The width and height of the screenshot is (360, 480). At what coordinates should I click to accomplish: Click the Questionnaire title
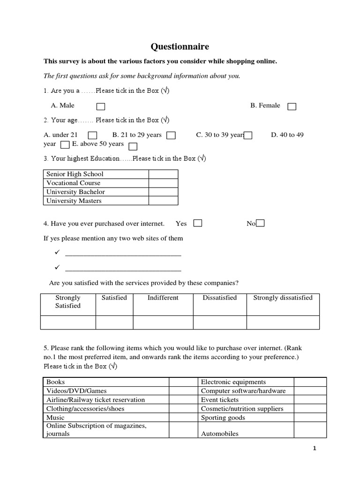pyautogui.click(x=180, y=46)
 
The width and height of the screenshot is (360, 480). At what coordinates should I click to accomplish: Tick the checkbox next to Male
pyautogui.click(x=101, y=107)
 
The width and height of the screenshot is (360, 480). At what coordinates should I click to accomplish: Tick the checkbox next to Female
pyautogui.click(x=292, y=107)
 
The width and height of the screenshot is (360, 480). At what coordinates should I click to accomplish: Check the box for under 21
pyautogui.click(x=92, y=135)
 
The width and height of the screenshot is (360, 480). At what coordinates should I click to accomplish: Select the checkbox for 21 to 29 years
pyautogui.click(x=171, y=135)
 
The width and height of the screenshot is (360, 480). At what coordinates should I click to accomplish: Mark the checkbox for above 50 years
pyautogui.click(x=133, y=146)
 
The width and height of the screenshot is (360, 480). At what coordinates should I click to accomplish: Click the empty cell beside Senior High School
pyautogui.click(x=163, y=174)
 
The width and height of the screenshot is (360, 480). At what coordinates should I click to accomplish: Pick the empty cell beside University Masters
pyautogui.click(x=163, y=201)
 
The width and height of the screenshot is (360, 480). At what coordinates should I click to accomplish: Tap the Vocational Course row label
pyautogui.click(x=73, y=183)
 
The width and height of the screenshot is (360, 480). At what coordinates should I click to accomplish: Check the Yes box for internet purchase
pyautogui.click(x=198, y=224)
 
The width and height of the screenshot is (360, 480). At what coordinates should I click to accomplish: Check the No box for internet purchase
pyautogui.click(x=261, y=224)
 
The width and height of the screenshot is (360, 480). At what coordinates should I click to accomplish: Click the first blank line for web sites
pyautogui.click(x=123, y=255)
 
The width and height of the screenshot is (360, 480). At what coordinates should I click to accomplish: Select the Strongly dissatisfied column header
pyautogui.click(x=283, y=298)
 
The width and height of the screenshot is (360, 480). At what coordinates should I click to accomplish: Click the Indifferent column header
pyautogui.click(x=163, y=298)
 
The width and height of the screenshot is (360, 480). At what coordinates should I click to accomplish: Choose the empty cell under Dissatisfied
pyautogui.click(x=219, y=322)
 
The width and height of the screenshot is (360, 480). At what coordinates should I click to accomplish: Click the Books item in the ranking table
pyautogui.click(x=55, y=382)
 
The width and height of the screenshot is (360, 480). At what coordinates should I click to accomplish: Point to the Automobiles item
pyautogui.click(x=219, y=434)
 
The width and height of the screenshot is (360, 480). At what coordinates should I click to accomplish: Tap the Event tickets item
pyautogui.click(x=219, y=400)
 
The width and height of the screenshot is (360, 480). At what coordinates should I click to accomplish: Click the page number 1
pyautogui.click(x=315, y=449)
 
